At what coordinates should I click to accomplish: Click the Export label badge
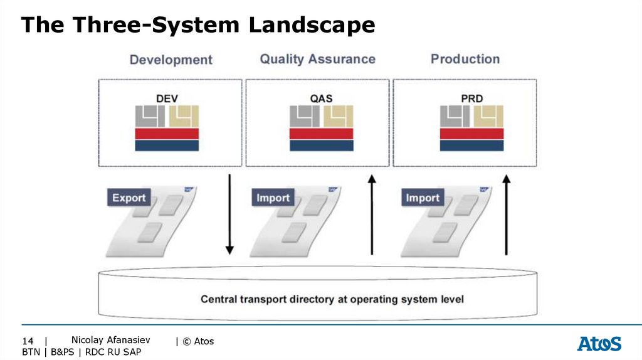129,198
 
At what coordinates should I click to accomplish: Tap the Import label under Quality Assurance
273,198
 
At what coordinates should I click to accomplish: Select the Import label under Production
423,198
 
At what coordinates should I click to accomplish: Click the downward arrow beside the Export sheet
229,214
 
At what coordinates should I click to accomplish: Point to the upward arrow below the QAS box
372,214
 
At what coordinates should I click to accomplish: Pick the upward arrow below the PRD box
507,214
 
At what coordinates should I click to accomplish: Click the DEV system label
167,98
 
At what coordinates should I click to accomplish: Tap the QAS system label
322,98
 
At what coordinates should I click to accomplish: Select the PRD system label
472,98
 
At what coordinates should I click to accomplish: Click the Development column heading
171,60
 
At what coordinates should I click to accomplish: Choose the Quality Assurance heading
318,59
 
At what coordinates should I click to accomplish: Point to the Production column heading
465,59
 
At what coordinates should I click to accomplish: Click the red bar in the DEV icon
167,134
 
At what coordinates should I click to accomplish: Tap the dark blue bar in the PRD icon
471,146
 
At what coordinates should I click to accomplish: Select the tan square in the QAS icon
338,116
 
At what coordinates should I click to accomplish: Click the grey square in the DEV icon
150,116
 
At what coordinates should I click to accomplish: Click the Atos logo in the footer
599,344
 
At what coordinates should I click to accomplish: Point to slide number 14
28,341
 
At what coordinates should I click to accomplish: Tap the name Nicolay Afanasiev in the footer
110,340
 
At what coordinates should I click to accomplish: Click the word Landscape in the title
312,24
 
